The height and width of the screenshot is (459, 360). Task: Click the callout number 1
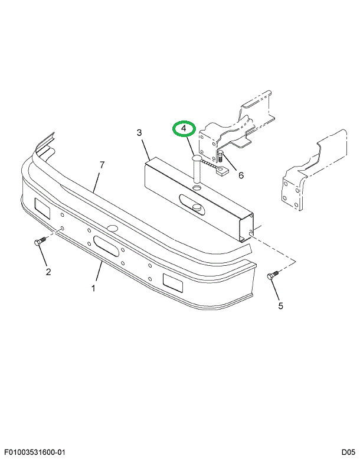tap(93, 288)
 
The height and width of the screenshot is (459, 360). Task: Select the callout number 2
tap(48, 272)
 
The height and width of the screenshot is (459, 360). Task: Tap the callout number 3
tap(139, 133)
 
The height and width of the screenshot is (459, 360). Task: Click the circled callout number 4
tap(184, 128)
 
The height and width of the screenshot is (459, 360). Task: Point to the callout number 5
tap(280, 305)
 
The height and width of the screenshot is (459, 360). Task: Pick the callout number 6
tap(241, 174)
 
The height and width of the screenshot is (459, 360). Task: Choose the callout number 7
tap(102, 165)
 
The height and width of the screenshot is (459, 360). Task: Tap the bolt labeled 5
tap(273, 276)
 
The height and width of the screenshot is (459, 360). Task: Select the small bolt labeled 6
tap(220, 158)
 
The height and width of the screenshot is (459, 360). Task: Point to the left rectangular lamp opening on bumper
tap(43, 207)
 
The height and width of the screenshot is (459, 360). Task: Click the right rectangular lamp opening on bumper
tap(172, 282)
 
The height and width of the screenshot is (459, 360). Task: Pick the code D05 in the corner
tap(348, 452)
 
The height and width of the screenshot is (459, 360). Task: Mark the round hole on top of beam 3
tap(196, 187)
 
